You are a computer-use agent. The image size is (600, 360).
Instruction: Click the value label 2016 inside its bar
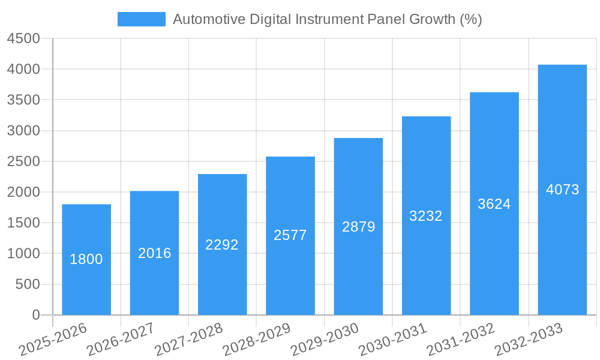coord(154,253)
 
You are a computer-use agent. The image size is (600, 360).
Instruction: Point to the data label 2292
coord(222,245)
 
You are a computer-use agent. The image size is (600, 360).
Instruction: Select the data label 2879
coord(358,227)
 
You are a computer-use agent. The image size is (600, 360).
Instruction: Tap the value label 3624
coord(494,204)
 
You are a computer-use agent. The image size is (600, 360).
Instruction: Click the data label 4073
coord(562,190)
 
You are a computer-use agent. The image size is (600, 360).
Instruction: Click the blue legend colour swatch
coord(141,19)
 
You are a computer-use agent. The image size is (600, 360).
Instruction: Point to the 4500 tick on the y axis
coord(23,38)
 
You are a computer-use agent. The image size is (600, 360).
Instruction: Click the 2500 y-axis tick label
coord(23,161)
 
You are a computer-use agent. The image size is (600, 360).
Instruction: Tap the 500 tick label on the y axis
coord(28,284)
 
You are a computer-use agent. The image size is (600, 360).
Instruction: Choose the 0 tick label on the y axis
coord(35,315)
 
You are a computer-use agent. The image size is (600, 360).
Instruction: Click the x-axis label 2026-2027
coord(121,340)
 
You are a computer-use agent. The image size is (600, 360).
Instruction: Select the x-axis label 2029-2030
coord(325,340)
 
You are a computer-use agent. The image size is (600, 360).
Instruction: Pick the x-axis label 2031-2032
coord(461,340)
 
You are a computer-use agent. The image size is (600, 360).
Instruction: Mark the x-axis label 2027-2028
coord(188,340)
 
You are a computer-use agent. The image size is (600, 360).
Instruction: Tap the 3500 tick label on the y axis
coord(23,100)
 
